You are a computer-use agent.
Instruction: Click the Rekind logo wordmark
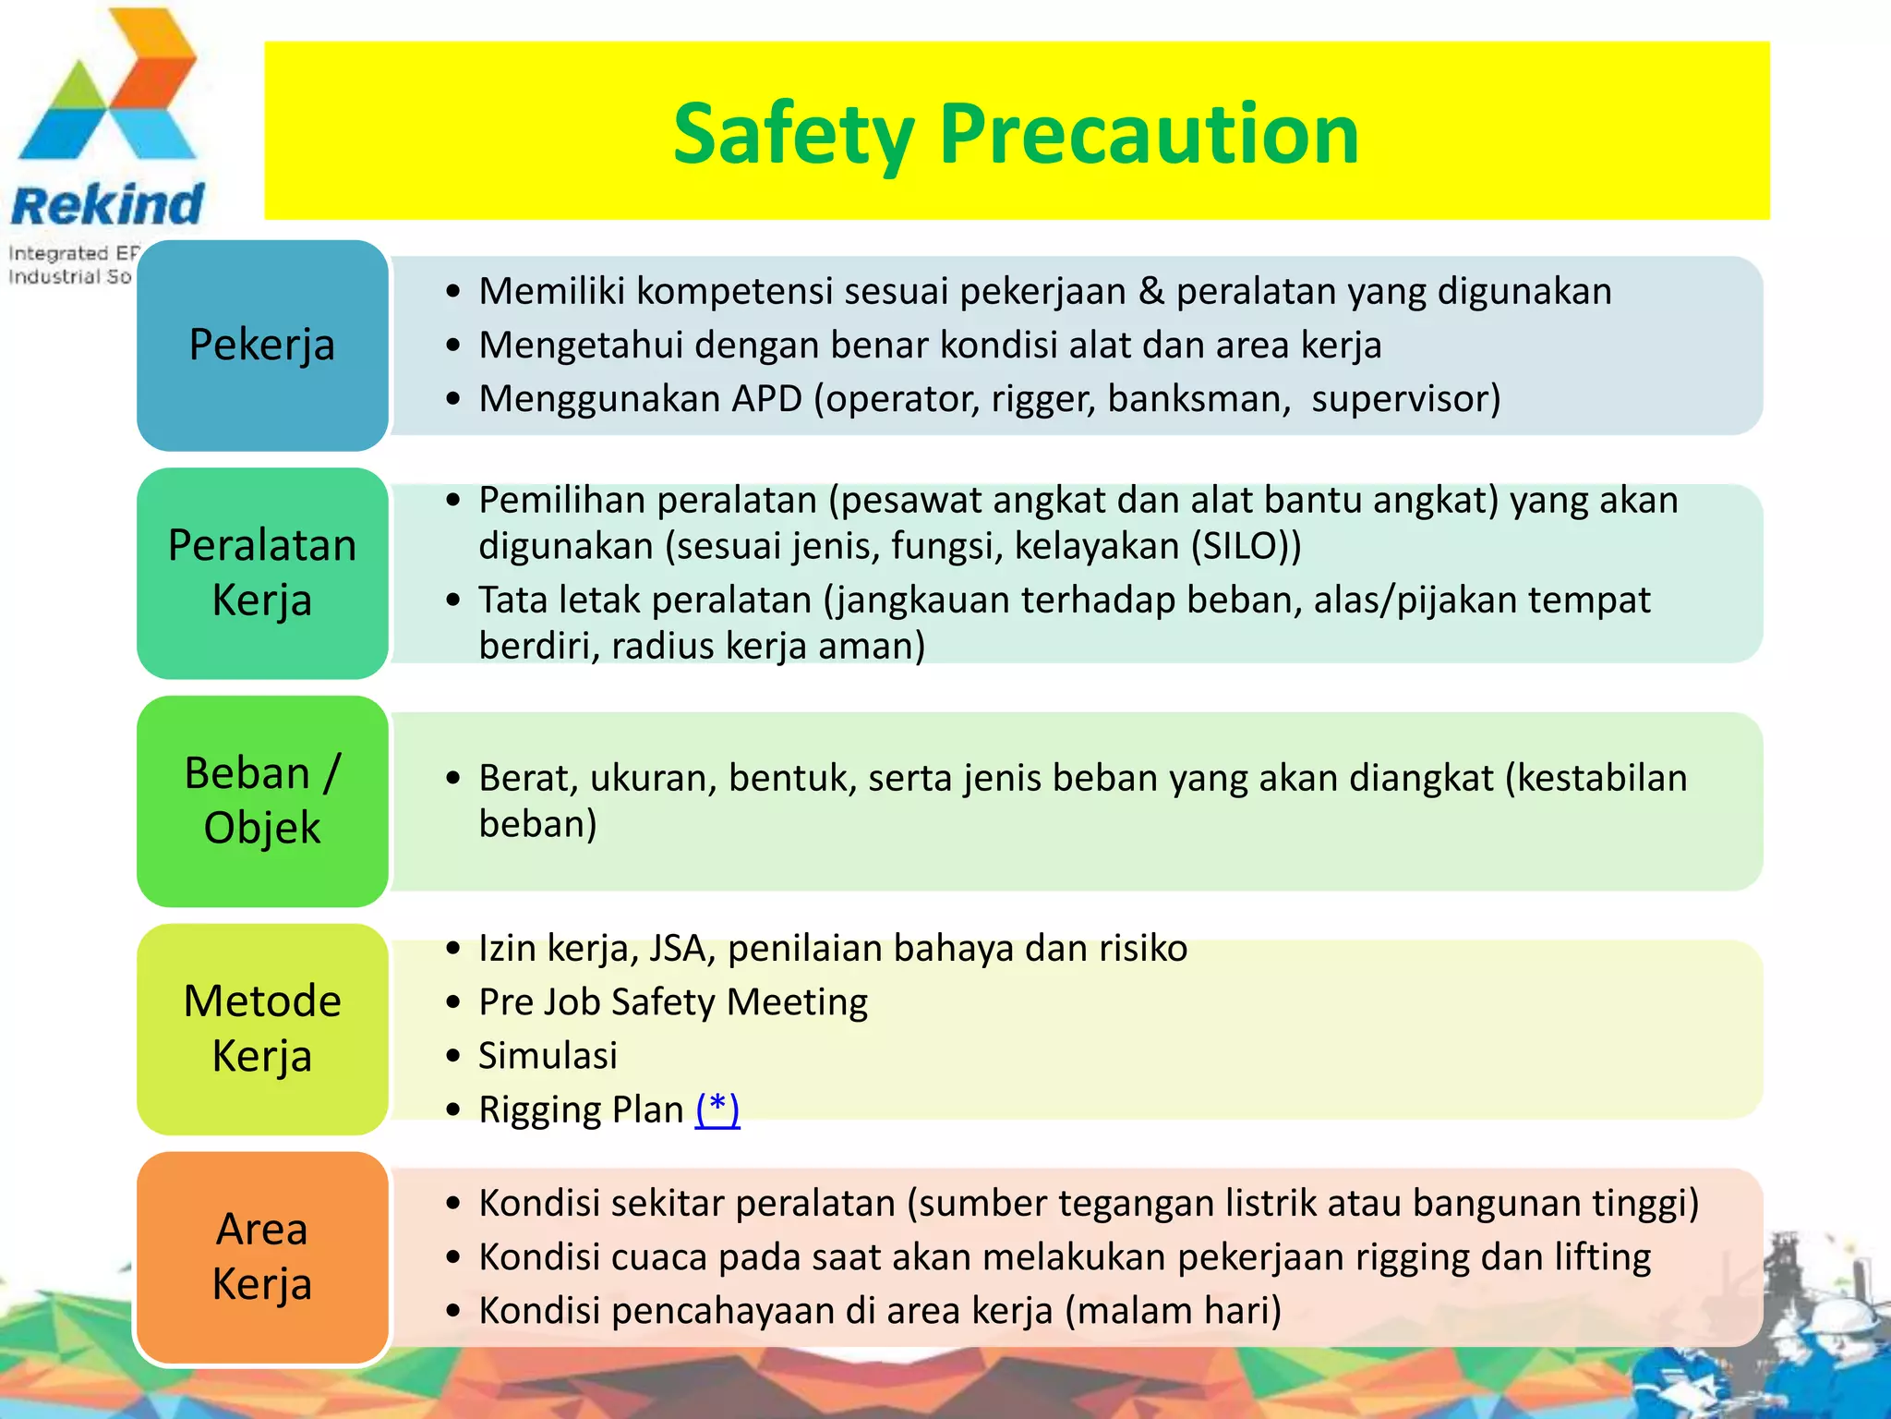pos(107,205)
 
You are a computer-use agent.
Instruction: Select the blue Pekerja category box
pos(262,346)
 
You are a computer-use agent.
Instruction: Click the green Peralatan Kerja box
pos(262,573)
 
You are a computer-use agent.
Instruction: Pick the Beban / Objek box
pos(262,801)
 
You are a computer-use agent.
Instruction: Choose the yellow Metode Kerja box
pos(262,1028)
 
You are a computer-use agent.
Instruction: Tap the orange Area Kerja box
pos(262,1256)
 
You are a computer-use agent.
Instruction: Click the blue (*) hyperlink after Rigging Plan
pos(717,1109)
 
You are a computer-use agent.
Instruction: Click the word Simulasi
pos(548,1056)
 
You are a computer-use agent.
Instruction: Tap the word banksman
pos(1198,399)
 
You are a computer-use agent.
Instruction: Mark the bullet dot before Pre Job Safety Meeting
pos(452,1002)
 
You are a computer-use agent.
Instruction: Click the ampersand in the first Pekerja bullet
pos(1150,292)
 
